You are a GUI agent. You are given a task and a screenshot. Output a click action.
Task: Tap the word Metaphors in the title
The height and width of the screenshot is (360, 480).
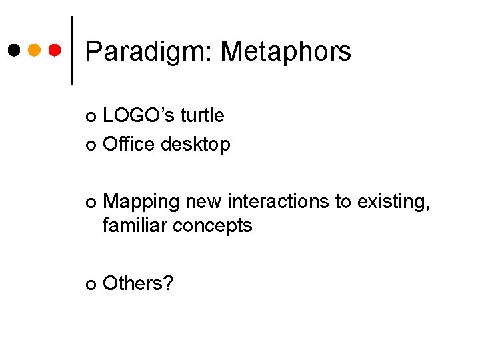coord(286,51)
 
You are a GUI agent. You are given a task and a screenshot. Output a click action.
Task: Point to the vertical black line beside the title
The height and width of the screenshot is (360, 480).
coord(71,50)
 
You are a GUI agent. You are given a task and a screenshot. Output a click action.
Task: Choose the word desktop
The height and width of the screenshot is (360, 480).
coord(195,144)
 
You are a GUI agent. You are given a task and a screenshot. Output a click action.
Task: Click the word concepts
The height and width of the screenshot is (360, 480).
coord(212,226)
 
